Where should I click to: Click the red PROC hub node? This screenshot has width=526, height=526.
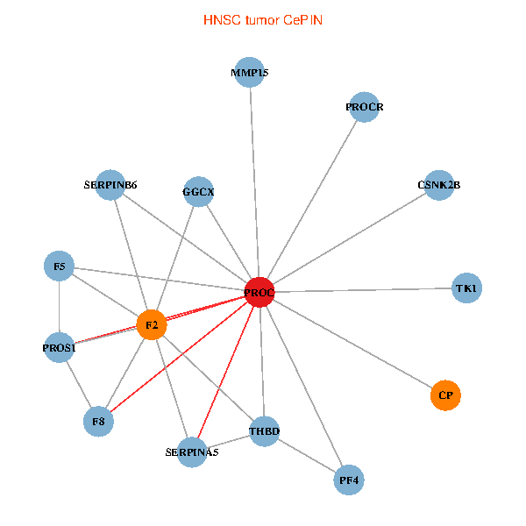tap(259, 292)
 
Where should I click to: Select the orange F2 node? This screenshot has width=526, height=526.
tap(152, 325)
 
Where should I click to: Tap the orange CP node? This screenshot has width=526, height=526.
tap(445, 395)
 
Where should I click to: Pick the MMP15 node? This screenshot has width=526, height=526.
tap(250, 73)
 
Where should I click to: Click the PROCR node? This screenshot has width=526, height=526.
tap(363, 107)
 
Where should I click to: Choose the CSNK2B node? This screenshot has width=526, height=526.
tap(437, 185)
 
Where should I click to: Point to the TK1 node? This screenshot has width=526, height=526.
tap(466, 288)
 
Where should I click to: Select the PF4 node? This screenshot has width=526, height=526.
tap(350, 480)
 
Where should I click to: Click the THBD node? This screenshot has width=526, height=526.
tap(264, 431)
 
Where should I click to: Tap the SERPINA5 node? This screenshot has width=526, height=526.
tap(192, 452)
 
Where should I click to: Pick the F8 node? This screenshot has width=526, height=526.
tap(99, 422)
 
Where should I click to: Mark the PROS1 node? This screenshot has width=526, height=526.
tap(60, 348)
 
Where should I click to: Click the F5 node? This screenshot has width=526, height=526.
tap(59, 266)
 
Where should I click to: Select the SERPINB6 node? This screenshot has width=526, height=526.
tap(110, 185)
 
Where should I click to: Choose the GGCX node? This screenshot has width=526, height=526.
tap(199, 191)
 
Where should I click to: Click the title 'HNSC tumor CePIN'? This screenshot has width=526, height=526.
tap(263, 19)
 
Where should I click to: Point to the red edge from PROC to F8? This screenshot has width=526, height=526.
tap(180, 357)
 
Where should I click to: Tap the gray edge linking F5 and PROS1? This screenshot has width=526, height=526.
tap(59, 307)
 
